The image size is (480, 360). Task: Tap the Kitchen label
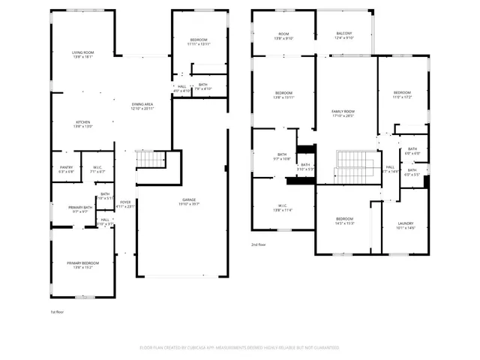point(82,124)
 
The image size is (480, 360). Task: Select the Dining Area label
point(142,106)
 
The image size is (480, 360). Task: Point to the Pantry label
point(66,169)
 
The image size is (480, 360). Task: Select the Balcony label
point(344,34)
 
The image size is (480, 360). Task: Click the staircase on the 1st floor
point(152,159)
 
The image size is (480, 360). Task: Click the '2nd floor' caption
point(259,244)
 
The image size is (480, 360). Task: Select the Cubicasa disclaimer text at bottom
point(239,348)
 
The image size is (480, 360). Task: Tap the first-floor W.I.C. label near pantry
point(97,169)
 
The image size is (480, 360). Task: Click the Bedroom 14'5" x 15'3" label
point(344,221)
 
